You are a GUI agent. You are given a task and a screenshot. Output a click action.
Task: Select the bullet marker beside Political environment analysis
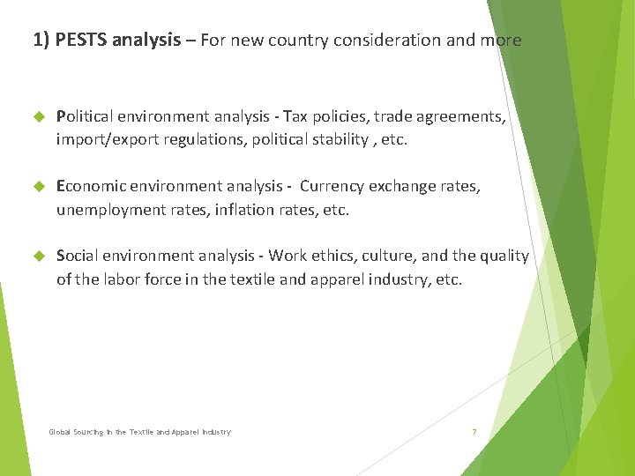[x=38, y=116]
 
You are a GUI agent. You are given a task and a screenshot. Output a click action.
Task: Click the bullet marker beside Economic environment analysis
[x=38, y=187]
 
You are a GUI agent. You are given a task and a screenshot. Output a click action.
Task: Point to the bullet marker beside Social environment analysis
[x=38, y=257]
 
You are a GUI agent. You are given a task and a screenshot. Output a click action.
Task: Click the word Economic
[x=89, y=187]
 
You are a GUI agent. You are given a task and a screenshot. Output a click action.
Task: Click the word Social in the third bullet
[x=78, y=257]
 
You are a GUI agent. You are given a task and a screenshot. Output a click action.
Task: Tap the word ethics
[x=336, y=257]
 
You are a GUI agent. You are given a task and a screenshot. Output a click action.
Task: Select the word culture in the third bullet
[x=388, y=257]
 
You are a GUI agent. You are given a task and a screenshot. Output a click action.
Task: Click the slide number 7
[x=474, y=432]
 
